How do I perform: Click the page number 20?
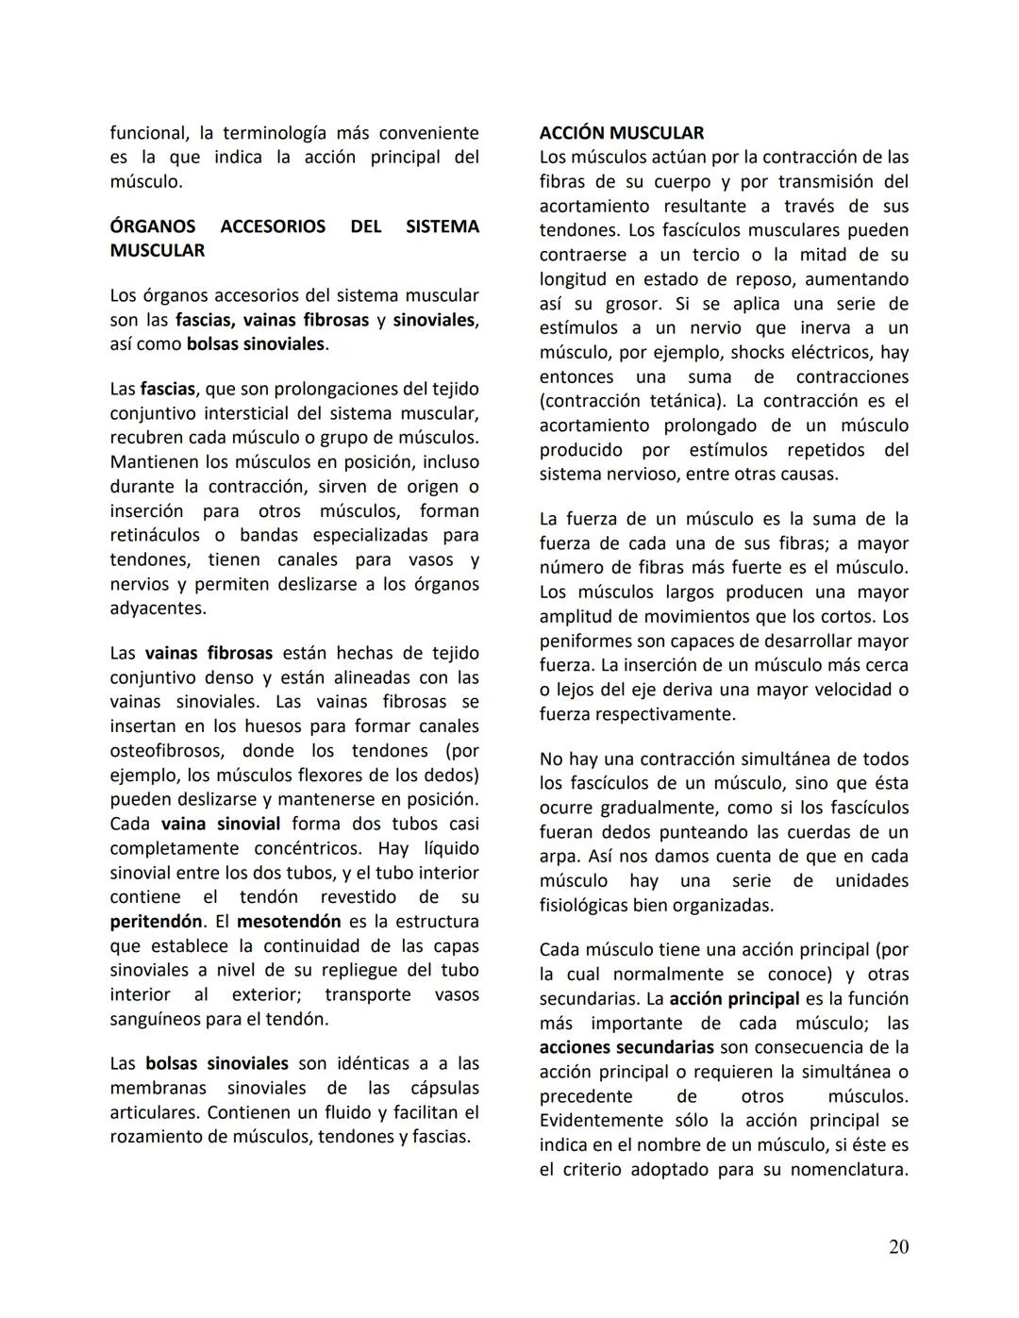[898, 1246]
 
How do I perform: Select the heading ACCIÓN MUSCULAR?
[622, 133]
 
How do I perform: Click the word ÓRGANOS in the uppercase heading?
[153, 226]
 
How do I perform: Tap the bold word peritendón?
[156, 922]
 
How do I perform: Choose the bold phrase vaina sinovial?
[221, 824]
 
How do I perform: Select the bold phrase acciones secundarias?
[626, 1047]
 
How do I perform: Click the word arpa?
[558, 857]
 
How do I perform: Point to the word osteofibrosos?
[167, 751]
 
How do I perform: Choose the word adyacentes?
[158, 609]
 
